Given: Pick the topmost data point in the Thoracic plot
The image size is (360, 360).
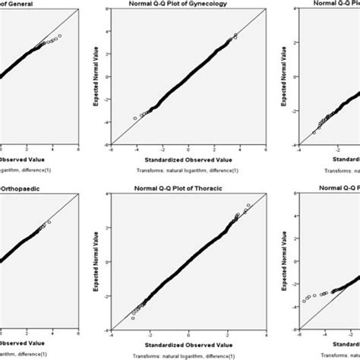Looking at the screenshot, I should click(x=248, y=207).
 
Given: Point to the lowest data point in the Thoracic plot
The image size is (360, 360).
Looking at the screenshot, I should click(x=133, y=317).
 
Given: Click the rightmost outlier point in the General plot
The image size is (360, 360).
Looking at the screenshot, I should click(x=59, y=36).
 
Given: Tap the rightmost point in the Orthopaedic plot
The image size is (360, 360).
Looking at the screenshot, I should click(x=49, y=222).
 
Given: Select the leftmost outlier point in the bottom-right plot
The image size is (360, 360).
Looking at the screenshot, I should click(x=305, y=301).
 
